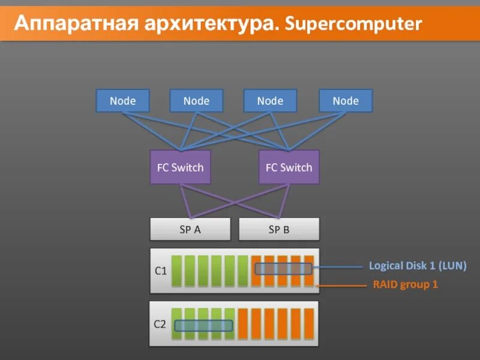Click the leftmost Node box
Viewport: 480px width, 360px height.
pos(122,101)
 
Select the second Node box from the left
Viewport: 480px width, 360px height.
pos(196,101)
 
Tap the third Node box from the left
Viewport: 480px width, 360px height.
pos(270,101)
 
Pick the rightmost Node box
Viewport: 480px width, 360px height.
pos(346,101)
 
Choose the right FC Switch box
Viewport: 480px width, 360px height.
pos(289,167)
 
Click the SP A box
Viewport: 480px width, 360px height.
pos(190,229)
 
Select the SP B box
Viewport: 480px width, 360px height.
pos(279,229)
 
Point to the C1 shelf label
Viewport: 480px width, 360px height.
pos(160,271)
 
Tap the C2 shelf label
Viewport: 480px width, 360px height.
pos(160,324)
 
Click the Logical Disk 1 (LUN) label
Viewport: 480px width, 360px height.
pos(418,265)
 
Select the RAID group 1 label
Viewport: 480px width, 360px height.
pos(406,284)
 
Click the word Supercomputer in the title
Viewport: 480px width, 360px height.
pos(355,24)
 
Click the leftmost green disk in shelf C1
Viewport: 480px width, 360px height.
pos(177,271)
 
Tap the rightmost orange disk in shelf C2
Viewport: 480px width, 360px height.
pos(309,324)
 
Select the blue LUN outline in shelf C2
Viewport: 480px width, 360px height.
pos(203,326)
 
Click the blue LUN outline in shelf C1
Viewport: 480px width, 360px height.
pos(284,269)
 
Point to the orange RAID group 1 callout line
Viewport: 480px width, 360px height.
pos(342,286)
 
